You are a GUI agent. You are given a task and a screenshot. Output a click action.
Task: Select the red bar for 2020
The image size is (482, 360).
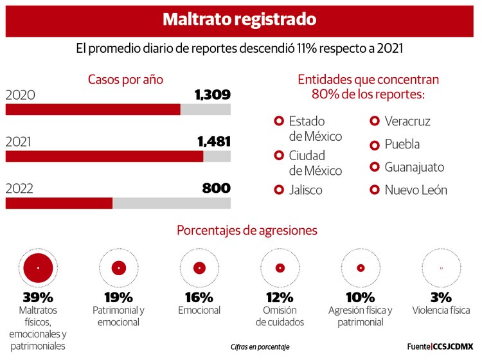click(93, 109)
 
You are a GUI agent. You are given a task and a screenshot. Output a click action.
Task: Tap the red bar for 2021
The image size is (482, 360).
click(104, 156)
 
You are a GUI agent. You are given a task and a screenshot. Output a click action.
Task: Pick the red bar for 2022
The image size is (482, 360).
click(59, 203)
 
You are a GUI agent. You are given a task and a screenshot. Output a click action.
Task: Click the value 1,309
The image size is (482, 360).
click(212, 95)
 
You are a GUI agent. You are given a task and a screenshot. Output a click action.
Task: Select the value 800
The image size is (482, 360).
click(216, 188)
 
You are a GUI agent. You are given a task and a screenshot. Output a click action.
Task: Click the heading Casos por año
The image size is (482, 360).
click(125, 80)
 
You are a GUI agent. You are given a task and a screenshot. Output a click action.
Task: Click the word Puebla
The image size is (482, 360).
click(402, 145)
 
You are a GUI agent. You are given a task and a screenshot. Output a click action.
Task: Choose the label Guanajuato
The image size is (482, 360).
click(415, 167)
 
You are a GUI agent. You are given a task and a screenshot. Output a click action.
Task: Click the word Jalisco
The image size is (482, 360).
click(306, 190)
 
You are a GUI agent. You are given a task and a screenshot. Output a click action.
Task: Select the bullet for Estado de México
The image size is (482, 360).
click(279, 121)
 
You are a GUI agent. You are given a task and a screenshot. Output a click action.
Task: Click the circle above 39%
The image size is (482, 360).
click(37, 267)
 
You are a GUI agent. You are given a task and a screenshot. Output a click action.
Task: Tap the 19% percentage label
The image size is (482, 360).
click(119, 297)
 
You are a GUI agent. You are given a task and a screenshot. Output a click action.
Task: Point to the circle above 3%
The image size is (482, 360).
click(441, 267)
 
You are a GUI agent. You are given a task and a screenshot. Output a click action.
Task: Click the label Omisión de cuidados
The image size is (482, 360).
click(280, 316)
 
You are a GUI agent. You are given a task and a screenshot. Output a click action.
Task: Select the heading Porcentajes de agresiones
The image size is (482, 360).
click(247, 230)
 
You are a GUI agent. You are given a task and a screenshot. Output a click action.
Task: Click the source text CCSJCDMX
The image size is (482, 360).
click(453, 346)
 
